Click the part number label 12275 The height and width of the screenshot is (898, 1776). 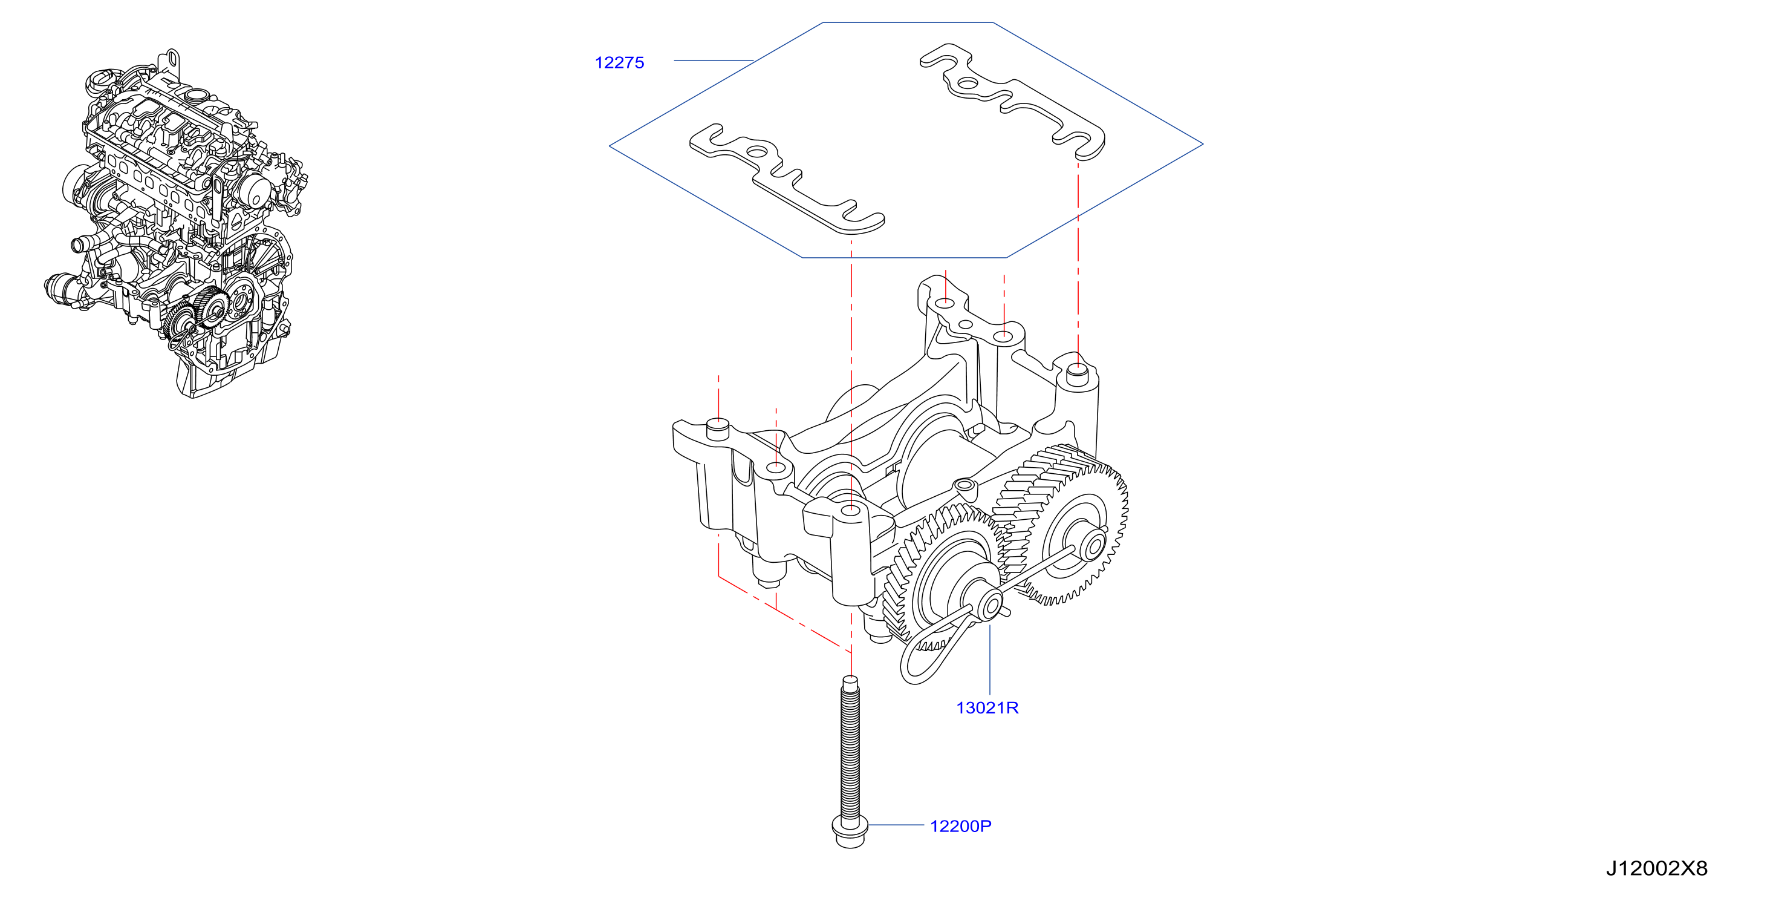619,63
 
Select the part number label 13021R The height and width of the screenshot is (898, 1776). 987,707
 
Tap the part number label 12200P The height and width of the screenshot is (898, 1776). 960,825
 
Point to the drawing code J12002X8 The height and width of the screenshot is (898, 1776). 1657,868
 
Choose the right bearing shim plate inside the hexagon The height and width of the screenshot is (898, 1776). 1013,102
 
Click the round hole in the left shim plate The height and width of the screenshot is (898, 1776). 758,152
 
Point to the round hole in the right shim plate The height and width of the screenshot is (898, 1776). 968,84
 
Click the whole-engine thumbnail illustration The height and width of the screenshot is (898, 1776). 177,223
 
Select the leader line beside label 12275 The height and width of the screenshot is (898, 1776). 714,61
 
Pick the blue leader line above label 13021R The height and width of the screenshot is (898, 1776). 990,658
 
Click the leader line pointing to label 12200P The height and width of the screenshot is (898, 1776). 896,825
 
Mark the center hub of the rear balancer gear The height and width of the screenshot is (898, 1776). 1091,544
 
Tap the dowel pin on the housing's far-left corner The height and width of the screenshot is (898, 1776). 718,429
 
